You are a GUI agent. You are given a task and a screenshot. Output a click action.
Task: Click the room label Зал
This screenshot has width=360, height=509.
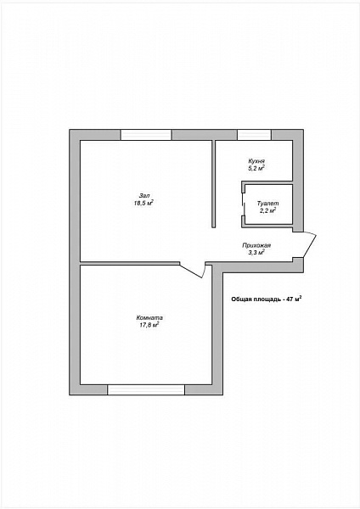(144, 196)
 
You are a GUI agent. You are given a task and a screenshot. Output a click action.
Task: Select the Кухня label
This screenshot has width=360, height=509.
(256, 161)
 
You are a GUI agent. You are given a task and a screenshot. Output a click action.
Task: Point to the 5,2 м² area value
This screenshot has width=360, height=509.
(256, 168)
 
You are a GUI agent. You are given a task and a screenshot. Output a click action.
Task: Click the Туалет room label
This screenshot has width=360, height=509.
(267, 204)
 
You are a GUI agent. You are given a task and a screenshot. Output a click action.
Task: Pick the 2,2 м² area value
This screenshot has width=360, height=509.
(267, 210)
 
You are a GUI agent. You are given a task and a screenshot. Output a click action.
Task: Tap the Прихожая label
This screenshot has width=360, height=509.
(256, 246)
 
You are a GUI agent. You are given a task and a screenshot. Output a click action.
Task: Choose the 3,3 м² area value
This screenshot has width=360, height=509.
(256, 253)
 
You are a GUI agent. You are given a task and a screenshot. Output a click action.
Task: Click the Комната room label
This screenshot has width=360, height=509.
(149, 318)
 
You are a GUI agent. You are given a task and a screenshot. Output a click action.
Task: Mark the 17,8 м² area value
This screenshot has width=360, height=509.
(149, 325)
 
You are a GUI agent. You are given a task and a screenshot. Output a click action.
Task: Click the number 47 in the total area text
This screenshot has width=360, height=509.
(290, 299)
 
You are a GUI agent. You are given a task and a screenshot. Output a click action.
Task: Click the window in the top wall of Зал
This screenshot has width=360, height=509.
(146, 135)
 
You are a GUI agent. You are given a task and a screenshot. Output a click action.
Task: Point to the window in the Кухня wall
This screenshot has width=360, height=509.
(254, 135)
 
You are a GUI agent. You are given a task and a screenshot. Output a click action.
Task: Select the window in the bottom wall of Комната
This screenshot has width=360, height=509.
(146, 389)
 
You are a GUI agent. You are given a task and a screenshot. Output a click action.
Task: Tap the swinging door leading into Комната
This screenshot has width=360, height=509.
(193, 270)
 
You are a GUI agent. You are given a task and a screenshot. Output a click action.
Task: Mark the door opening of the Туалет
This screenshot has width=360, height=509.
(244, 204)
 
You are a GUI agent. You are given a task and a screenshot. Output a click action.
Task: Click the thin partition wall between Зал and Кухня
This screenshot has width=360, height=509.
(213, 184)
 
